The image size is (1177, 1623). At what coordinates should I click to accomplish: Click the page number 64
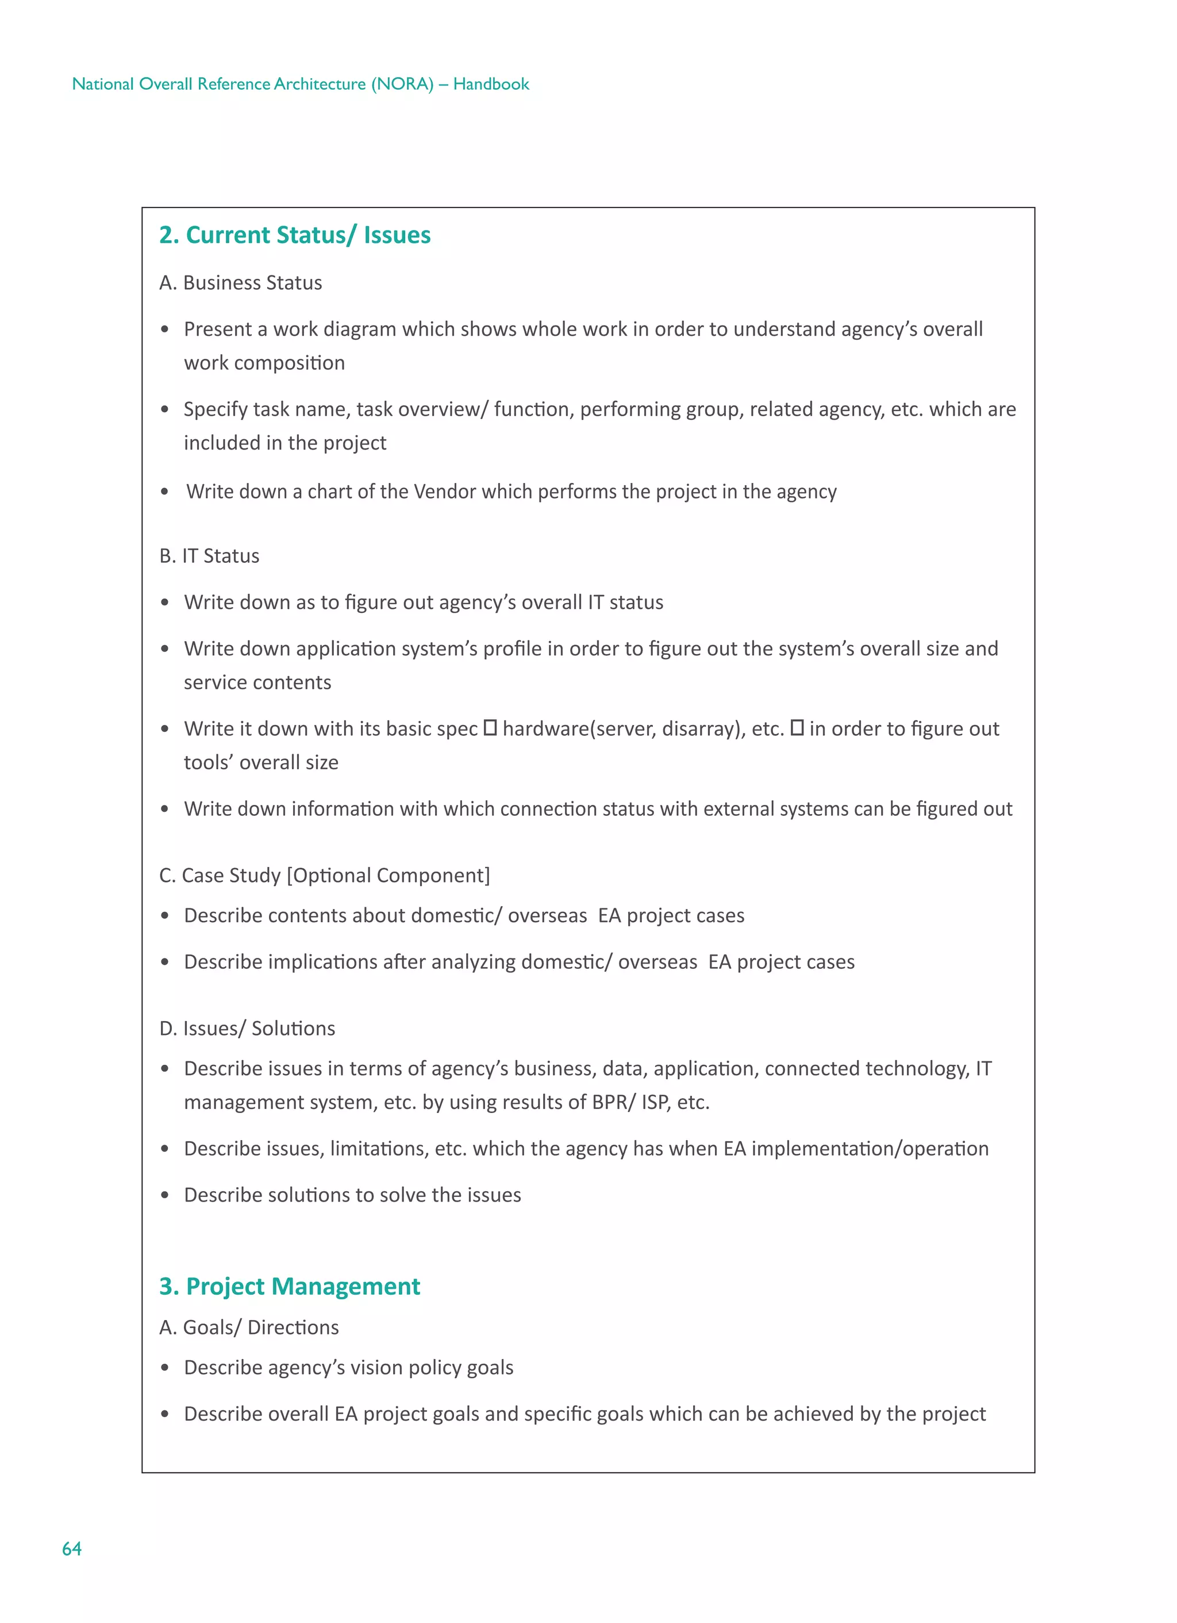tap(71, 1549)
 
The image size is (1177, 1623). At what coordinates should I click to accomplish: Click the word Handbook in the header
tap(491, 84)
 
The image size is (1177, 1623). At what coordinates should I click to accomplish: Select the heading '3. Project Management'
tap(289, 1286)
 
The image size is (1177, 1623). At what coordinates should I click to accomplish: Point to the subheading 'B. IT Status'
tap(209, 556)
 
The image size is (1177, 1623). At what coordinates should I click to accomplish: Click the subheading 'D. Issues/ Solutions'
tap(247, 1029)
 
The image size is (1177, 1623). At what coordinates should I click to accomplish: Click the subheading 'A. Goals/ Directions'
tap(249, 1327)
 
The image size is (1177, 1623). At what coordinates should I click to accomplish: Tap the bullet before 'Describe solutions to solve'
tap(164, 1195)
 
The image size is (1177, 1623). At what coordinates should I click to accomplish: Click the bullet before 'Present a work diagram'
tap(164, 329)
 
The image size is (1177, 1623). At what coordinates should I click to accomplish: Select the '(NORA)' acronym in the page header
tap(402, 84)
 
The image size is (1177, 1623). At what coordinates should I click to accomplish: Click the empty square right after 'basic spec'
tap(490, 728)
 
